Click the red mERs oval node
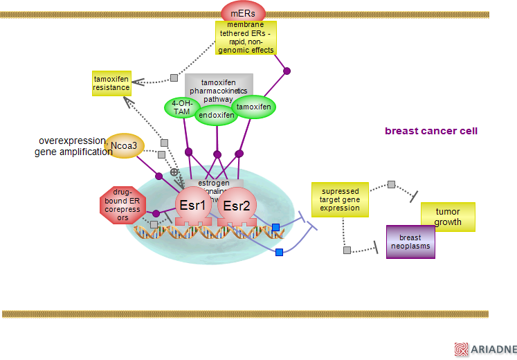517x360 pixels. [243, 12]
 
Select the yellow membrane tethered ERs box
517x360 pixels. [246, 37]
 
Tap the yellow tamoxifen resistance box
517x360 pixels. [111, 83]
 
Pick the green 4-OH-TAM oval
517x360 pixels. [182, 107]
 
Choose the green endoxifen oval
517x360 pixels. [217, 115]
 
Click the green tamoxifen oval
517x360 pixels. [253, 107]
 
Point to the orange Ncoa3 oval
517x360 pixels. [125, 145]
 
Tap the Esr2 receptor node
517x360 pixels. [237, 205]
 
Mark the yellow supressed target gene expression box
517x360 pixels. [340, 199]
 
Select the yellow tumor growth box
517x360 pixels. [448, 217]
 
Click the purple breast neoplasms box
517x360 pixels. [410, 242]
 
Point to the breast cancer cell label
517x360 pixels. [430, 131]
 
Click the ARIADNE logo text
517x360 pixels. [493, 350]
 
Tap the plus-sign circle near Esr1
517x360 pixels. [174, 171]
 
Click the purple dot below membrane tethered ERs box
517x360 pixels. [287, 71]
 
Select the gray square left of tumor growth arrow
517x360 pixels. [391, 184]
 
